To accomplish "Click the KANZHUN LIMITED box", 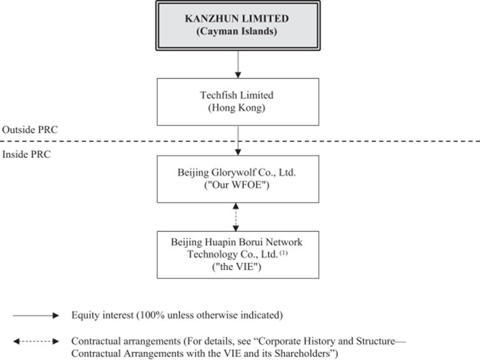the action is coord(238,25).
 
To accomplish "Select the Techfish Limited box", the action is coord(238,102).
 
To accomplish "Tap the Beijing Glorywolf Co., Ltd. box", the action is coord(238,179).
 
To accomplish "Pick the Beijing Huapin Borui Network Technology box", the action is coord(238,255).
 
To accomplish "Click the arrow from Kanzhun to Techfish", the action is coord(238,64).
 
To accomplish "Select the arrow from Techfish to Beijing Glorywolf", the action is coord(238,141).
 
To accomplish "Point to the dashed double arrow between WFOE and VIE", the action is coord(236,217).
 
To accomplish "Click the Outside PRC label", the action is coord(30,130).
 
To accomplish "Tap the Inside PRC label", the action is coord(26,154).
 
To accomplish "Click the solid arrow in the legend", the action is coord(36,315).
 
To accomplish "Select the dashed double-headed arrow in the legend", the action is coord(36,342).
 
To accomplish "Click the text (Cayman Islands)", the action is coord(237,31).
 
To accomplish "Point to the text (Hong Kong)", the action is coord(237,108).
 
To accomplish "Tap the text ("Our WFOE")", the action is coord(237,185).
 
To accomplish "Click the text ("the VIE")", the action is coord(237,266).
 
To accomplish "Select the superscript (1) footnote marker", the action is coord(284,253).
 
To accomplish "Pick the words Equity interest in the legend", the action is coord(102,315).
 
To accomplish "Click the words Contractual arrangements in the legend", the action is coord(126,341).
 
